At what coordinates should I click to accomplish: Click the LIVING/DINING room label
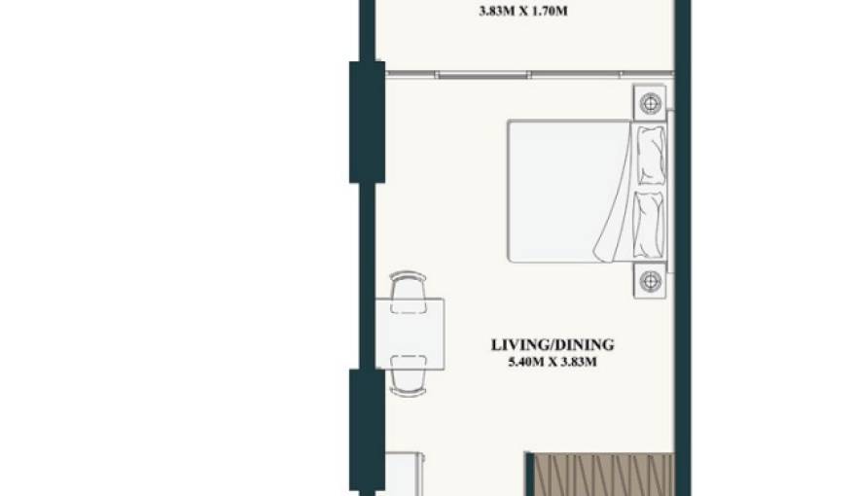click(553, 345)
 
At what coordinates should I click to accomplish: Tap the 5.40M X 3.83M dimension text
click(553, 362)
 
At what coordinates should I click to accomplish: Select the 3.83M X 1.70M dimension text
click(523, 11)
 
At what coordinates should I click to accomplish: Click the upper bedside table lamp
click(650, 102)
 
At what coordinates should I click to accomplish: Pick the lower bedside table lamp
click(650, 281)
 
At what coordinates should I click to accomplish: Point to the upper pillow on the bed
click(652, 156)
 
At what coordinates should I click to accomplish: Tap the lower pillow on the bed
click(650, 225)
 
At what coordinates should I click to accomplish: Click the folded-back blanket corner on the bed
click(614, 218)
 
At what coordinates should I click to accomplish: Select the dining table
click(410, 334)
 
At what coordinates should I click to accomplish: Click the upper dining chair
click(409, 292)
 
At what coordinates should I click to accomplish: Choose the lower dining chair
click(409, 375)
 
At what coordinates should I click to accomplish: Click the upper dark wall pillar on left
click(367, 122)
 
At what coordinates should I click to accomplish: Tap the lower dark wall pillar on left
click(367, 431)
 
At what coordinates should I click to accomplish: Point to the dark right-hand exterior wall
click(683, 248)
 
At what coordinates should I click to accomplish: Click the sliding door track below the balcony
click(529, 74)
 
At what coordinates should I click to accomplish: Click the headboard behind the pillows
click(670, 191)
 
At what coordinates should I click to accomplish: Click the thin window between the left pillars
click(367, 276)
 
